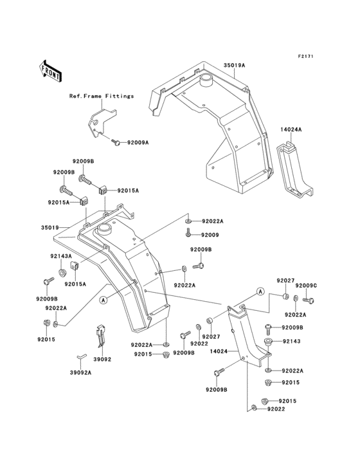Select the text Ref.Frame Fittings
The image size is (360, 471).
coord(102,96)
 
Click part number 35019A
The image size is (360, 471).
coord(235,65)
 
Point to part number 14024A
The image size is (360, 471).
coord(291,129)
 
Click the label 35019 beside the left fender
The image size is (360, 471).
coord(50,227)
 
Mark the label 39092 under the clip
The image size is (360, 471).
coord(103,359)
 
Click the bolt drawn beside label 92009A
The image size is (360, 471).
coord(116,142)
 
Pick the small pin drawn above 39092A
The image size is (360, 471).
coord(80,355)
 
